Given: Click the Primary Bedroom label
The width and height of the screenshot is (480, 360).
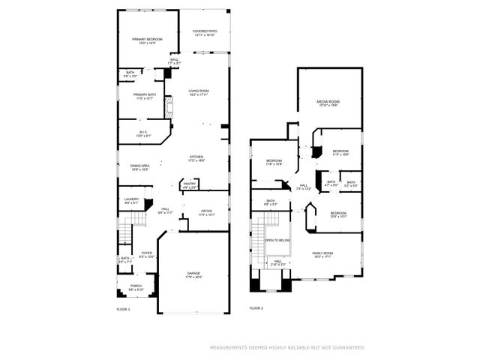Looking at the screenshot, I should coord(147,40).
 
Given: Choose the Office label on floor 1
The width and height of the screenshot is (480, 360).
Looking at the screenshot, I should coord(205,212).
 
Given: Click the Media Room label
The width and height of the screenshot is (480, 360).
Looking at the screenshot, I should coord(328,103).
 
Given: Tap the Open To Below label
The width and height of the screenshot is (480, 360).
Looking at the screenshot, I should coord(277,240).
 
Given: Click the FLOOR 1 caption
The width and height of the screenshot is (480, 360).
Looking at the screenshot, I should coord(123,309).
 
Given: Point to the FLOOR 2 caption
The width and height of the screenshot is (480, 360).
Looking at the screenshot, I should coord(256,308).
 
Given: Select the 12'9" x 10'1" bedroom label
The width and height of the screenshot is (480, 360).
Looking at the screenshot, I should coord(338,214).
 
